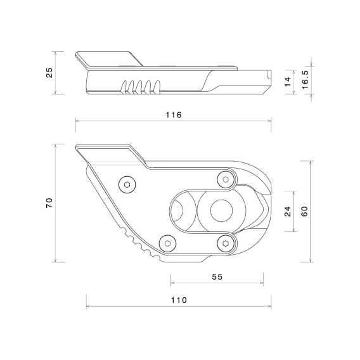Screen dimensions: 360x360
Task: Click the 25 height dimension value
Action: click(49, 73)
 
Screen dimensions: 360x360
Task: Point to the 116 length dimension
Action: click(174, 115)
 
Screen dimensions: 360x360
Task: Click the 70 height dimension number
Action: click(49, 203)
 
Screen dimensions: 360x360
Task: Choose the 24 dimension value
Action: click(287, 211)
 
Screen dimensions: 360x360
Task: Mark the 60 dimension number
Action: click(305, 211)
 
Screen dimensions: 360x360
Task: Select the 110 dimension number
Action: click(179, 300)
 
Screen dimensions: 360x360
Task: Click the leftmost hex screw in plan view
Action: click(127, 184)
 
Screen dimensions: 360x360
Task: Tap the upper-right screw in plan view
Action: click(224, 180)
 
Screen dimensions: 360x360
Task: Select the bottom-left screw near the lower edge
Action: click(167, 241)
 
